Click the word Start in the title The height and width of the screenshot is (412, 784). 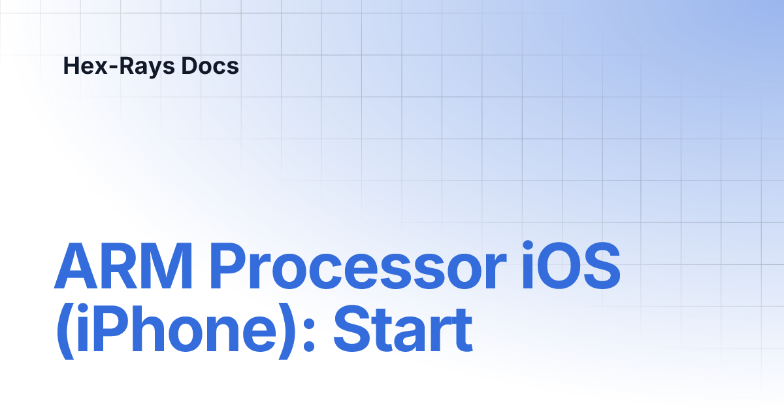pos(402,331)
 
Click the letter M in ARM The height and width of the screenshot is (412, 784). pos(167,269)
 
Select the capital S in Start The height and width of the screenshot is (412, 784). pos(352,331)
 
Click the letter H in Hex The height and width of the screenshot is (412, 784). pos(71,66)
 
